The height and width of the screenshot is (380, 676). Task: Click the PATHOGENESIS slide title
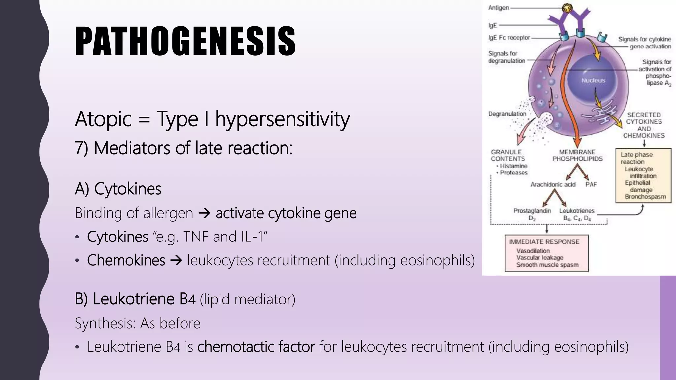(x=185, y=41)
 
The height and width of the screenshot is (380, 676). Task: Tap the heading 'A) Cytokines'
(x=118, y=189)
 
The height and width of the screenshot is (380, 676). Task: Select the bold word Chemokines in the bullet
(x=126, y=260)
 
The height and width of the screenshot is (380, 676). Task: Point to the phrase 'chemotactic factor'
(x=256, y=347)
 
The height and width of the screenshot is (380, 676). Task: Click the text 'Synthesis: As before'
(x=137, y=323)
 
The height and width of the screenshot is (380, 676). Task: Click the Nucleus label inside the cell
(x=593, y=80)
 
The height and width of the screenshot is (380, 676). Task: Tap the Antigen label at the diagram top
(x=498, y=8)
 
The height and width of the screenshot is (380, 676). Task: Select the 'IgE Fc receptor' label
(x=509, y=38)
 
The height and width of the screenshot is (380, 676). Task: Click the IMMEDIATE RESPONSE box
(x=547, y=253)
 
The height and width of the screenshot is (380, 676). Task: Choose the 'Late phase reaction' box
(x=643, y=175)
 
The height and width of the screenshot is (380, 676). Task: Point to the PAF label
(x=591, y=184)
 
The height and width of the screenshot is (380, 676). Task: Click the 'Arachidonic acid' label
(x=553, y=184)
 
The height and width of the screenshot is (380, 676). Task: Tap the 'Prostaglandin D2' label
(x=532, y=214)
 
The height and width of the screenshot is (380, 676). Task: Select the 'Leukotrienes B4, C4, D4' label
(x=577, y=214)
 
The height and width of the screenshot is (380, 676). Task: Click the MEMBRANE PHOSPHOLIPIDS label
(x=577, y=155)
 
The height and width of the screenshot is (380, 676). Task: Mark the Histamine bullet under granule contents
(x=514, y=166)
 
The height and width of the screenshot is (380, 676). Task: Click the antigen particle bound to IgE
(x=567, y=7)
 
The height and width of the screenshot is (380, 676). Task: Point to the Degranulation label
(x=507, y=114)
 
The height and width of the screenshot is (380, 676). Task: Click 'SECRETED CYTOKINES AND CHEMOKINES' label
(x=644, y=125)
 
